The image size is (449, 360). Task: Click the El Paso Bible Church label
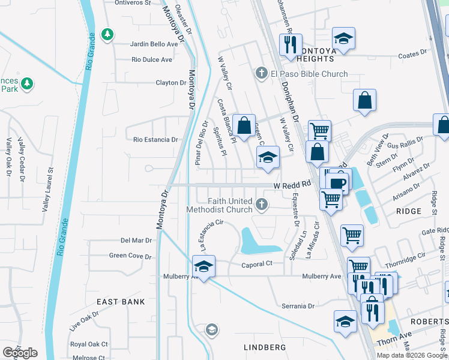coord(309,74)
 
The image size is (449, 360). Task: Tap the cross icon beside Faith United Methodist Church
coord(261,205)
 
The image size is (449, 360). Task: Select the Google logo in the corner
coord(20,353)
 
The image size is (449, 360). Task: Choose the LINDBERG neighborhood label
coord(267,347)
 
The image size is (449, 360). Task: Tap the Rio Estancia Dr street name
coord(155,140)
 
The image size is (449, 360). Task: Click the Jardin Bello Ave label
coord(154,44)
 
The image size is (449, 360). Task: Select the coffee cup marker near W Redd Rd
coord(339,183)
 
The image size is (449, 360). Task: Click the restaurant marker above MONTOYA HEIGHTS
coord(291,44)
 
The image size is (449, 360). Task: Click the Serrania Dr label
coord(298,306)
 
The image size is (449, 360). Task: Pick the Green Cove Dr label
coord(130,256)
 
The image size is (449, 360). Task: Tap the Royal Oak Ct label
coord(89,344)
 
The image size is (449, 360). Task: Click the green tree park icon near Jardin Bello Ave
coord(107,35)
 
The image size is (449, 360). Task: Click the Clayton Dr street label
coord(171,83)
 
